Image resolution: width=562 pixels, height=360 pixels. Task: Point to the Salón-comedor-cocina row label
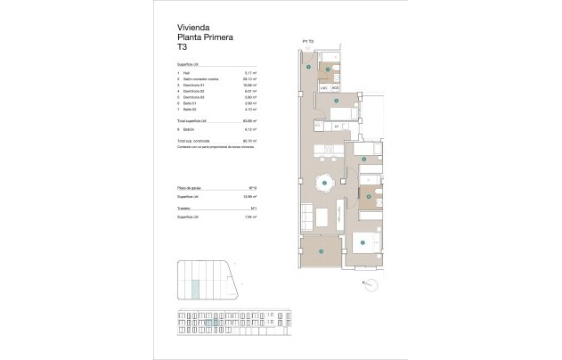tap(198, 78)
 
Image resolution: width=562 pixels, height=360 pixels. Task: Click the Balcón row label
tap(189, 128)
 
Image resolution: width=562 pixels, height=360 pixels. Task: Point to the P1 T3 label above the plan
tap(308, 42)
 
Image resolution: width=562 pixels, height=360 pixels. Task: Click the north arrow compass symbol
tap(369, 284)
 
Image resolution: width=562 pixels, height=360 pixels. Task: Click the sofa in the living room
tap(305, 217)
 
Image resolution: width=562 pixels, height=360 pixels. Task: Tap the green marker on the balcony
tap(320, 250)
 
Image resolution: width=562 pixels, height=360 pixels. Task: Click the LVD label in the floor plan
tap(322, 87)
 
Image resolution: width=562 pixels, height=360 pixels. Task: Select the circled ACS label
tap(336, 87)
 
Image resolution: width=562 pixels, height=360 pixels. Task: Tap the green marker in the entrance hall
tap(308, 67)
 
